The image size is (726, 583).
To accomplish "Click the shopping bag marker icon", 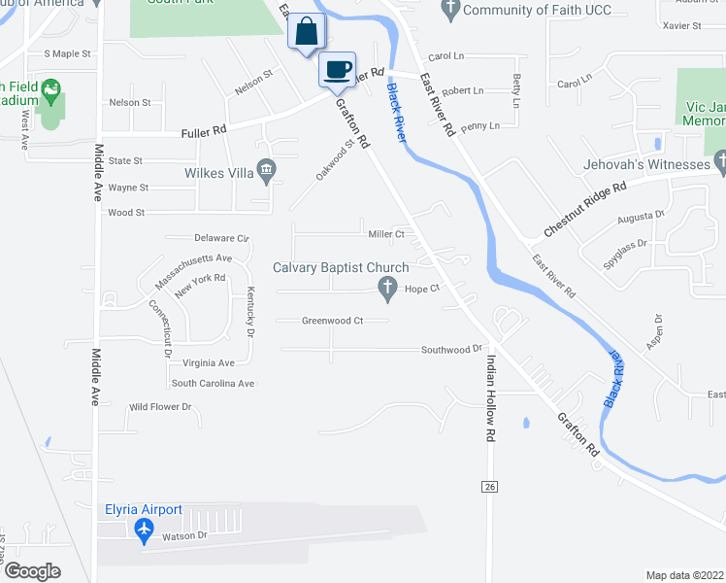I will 307,31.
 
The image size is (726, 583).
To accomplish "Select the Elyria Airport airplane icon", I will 145,529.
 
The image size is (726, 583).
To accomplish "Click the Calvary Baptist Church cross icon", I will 388,288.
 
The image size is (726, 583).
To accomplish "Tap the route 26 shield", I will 489,485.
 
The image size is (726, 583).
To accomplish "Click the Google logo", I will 32,571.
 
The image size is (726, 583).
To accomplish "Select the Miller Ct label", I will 385,234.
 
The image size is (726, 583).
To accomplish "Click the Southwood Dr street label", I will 451,349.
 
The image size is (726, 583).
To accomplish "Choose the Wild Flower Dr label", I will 161,407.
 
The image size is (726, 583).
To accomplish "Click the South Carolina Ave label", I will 213,384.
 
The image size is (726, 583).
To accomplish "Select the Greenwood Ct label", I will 332,321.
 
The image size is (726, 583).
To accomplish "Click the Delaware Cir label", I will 221,237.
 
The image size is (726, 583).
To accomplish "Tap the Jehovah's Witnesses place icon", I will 719,164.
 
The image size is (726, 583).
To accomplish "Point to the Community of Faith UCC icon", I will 449,10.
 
